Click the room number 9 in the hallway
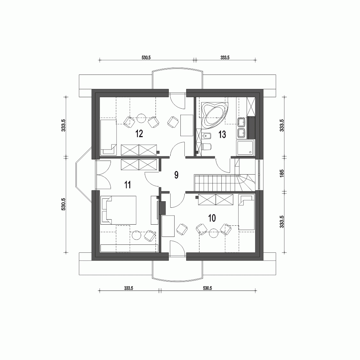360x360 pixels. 176,175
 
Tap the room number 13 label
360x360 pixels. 222,135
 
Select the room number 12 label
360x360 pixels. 139,134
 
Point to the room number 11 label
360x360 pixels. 127,185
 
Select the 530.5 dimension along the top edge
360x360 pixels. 146,57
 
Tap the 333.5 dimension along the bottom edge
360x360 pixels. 129,288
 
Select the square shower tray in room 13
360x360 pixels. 246,148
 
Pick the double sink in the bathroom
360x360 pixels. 241,128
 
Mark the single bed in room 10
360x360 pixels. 247,212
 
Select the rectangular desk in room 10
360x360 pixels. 168,226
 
